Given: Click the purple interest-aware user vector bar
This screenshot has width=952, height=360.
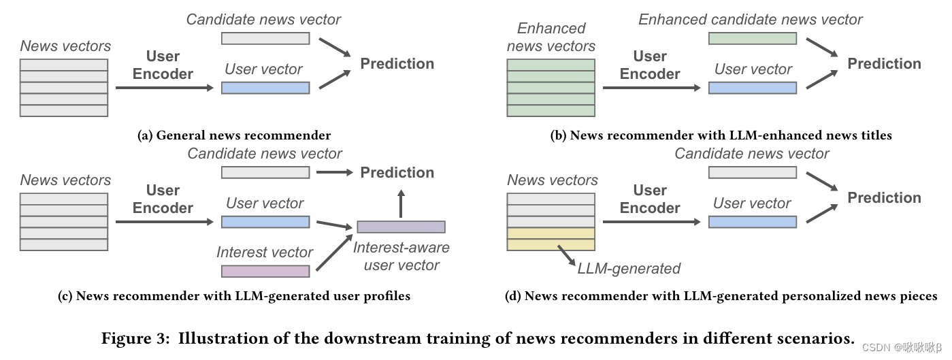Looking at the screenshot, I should [x=401, y=227].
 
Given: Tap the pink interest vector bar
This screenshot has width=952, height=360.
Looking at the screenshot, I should [x=265, y=271].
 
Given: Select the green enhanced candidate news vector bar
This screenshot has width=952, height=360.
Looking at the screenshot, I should [x=753, y=38].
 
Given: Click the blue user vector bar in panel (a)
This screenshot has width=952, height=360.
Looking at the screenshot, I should [x=265, y=87].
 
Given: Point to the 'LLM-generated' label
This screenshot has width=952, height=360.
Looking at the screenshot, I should [x=628, y=268].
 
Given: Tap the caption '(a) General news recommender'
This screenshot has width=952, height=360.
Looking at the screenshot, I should [x=234, y=135].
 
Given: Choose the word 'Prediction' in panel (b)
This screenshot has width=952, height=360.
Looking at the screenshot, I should [x=884, y=64].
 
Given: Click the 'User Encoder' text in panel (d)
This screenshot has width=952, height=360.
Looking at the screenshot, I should [x=650, y=199].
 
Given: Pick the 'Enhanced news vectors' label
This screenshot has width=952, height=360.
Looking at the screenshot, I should [x=551, y=37].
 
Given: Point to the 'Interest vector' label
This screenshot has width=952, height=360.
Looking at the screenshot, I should [x=265, y=252].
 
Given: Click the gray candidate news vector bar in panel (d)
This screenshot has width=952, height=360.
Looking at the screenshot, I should [x=753, y=173].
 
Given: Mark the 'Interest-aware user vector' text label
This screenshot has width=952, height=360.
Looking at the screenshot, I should [x=401, y=257].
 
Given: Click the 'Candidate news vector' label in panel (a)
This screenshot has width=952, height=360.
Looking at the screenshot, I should [x=264, y=19].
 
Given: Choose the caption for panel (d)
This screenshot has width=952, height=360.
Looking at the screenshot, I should [x=721, y=296].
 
